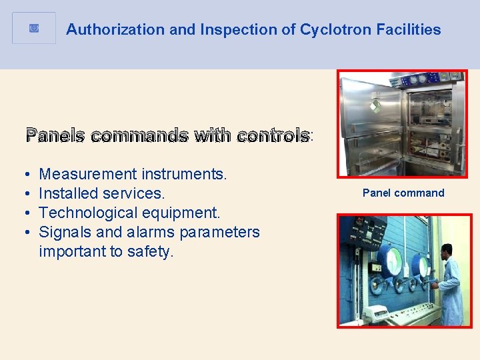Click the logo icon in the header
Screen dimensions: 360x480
click(34, 29)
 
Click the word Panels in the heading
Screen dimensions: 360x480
click(55, 136)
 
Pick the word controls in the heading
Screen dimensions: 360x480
click(273, 136)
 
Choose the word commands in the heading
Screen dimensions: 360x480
click(139, 136)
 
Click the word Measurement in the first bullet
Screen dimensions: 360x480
click(87, 175)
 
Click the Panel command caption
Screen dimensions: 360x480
click(403, 193)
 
